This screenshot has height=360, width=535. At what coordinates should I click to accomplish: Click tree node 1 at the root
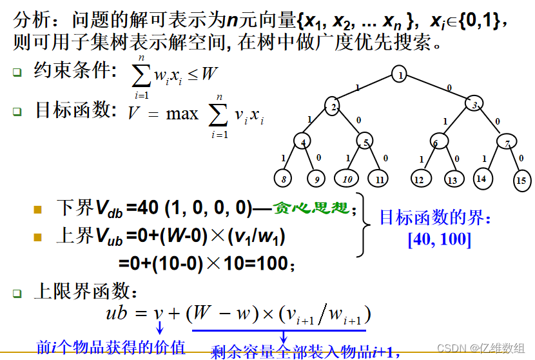click(400, 75)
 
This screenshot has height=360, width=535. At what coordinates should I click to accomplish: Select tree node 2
click(333, 106)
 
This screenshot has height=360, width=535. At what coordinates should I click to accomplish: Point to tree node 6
click(438, 142)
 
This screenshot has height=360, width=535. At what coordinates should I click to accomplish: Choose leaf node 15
click(521, 181)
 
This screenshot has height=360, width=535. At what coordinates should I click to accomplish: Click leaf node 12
click(420, 179)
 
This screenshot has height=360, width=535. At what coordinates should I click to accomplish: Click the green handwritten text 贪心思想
click(312, 208)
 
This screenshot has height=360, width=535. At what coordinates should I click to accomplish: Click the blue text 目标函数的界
click(434, 219)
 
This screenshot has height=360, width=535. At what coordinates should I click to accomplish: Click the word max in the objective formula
click(182, 114)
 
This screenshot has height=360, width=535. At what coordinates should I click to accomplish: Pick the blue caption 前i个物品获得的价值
click(110, 346)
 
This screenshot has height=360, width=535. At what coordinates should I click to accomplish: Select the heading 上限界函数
click(86, 292)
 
